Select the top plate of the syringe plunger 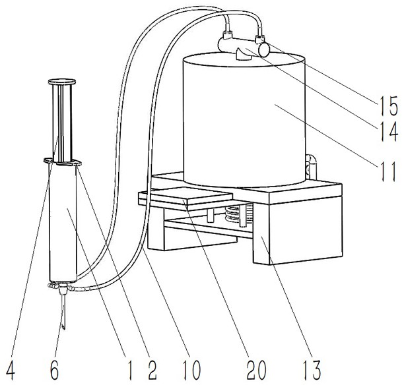point(60,83)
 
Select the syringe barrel point(64,224)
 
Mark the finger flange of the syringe point(63,162)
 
